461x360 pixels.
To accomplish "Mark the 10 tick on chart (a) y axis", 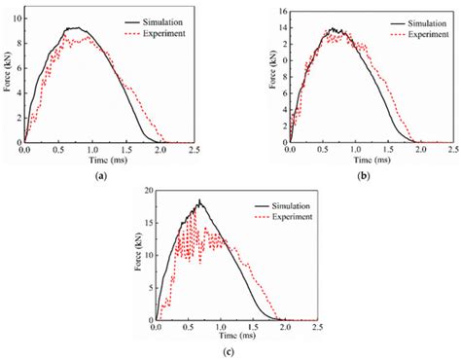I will coord(14,17).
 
